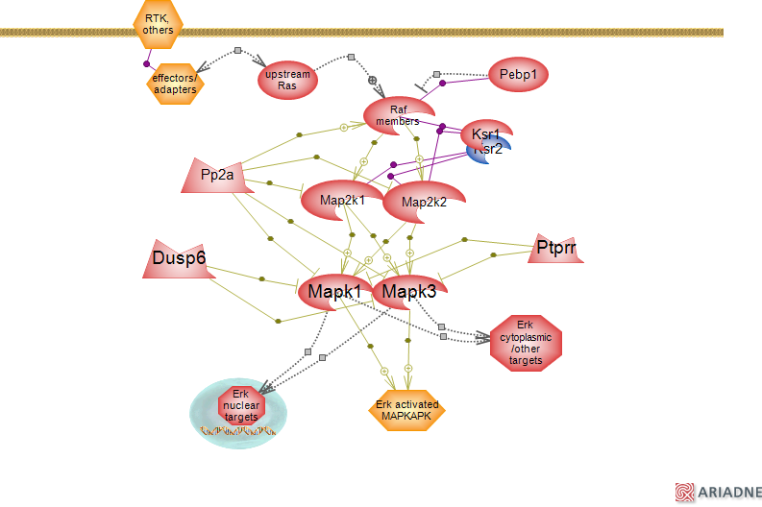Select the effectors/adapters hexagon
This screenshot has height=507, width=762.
[175, 84]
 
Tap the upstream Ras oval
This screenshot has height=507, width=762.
[287, 80]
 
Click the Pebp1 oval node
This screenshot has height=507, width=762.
[518, 74]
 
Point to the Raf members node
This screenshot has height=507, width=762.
[397, 115]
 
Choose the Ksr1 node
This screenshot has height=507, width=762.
[485, 133]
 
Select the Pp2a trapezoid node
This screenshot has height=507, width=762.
[218, 175]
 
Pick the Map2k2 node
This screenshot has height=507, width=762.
[423, 202]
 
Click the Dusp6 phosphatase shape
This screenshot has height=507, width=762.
[181, 257]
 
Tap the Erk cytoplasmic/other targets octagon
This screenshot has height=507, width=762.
[525, 342]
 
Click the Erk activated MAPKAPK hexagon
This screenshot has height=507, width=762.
[407, 410]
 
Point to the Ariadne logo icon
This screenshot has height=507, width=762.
[684, 491]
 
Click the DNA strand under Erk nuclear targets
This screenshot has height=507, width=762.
[237, 431]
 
